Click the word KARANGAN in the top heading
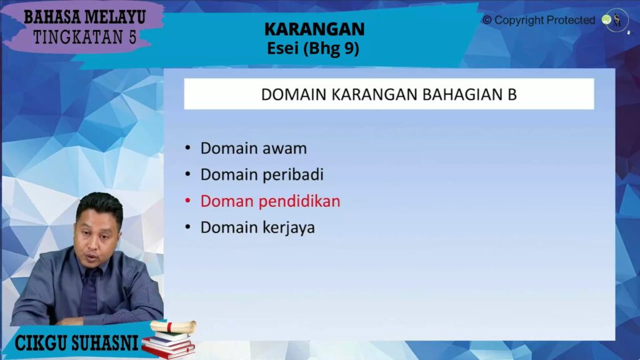[314, 29]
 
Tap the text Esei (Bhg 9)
[313, 48]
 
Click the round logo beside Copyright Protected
[615, 20]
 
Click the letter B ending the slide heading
[512, 94]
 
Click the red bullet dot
[187, 201]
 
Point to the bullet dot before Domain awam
[187, 147]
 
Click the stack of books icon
[168, 344]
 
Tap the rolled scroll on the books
[173, 326]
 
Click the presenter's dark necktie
[89, 291]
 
